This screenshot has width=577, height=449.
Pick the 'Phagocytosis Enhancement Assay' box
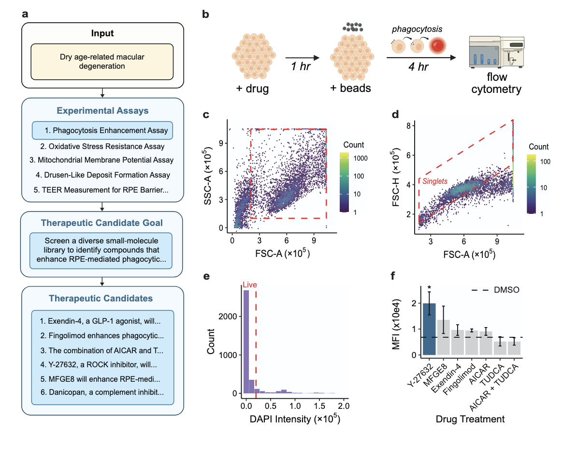(103, 131)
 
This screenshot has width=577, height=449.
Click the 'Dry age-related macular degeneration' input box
(102, 61)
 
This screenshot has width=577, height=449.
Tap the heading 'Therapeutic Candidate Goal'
(102, 223)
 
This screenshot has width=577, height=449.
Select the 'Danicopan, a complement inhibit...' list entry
(103, 391)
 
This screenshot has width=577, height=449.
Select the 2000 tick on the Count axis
(230, 316)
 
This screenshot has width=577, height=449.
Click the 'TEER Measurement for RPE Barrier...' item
(103, 190)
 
